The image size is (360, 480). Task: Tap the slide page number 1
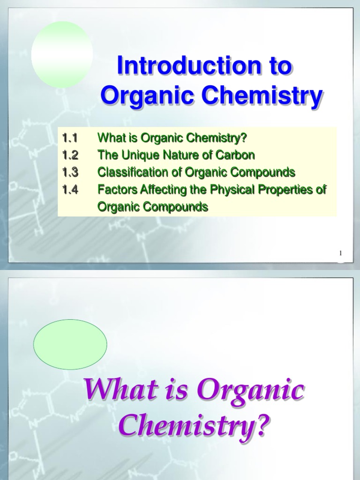pyautogui.click(x=341, y=254)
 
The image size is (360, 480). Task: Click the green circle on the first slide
pyautogui.click(x=62, y=54)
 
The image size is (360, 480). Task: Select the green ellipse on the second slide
pyautogui.click(x=70, y=345)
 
